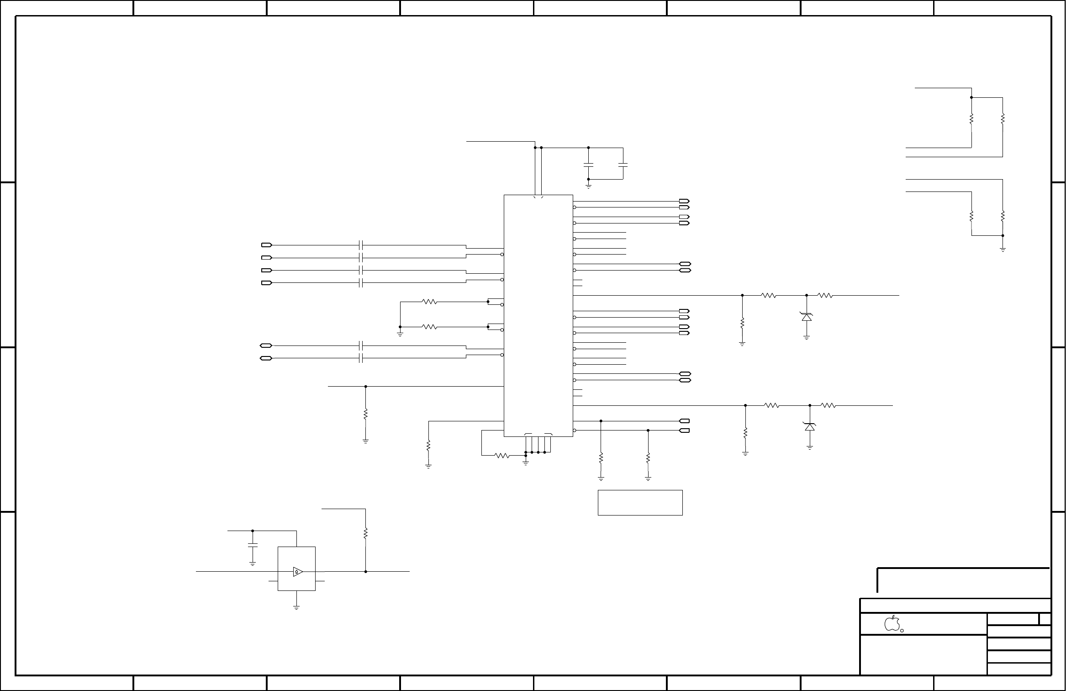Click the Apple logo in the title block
click(x=892, y=623)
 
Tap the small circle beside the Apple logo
click(x=902, y=630)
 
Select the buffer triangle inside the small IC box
click(x=297, y=571)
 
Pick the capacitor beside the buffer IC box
click(x=252, y=545)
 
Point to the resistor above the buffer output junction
click(x=365, y=533)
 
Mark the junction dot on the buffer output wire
click(x=366, y=571)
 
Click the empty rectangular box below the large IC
click(x=640, y=503)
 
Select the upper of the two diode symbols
click(x=807, y=316)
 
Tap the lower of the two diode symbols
click(x=810, y=426)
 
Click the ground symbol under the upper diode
click(x=807, y=338)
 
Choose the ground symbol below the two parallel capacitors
click(x=588, y=186)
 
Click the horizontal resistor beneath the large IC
click(x=502, y=455)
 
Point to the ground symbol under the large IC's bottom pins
click(x=526, y=463)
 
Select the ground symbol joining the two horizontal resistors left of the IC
click(x=400, y=334)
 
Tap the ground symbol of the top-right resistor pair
click(x=1003, y=250)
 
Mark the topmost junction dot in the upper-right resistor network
click(x=971, y=97)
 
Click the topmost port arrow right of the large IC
click(x=684, y=201)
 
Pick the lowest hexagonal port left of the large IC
click(x=266, y=358)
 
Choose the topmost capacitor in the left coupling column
click(x=361, y=245)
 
